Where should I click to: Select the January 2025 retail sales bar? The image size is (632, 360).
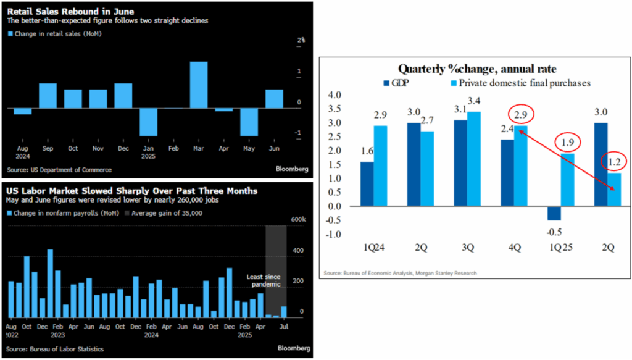click(148, 122)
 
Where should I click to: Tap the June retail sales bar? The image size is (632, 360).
click(275, 99)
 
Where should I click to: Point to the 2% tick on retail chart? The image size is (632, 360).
click(301, 40)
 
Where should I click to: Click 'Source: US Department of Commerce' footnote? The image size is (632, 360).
click(60, 169)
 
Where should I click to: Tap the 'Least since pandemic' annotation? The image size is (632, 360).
click(262, 280)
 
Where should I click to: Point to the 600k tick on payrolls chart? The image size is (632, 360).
click(299, 220)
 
